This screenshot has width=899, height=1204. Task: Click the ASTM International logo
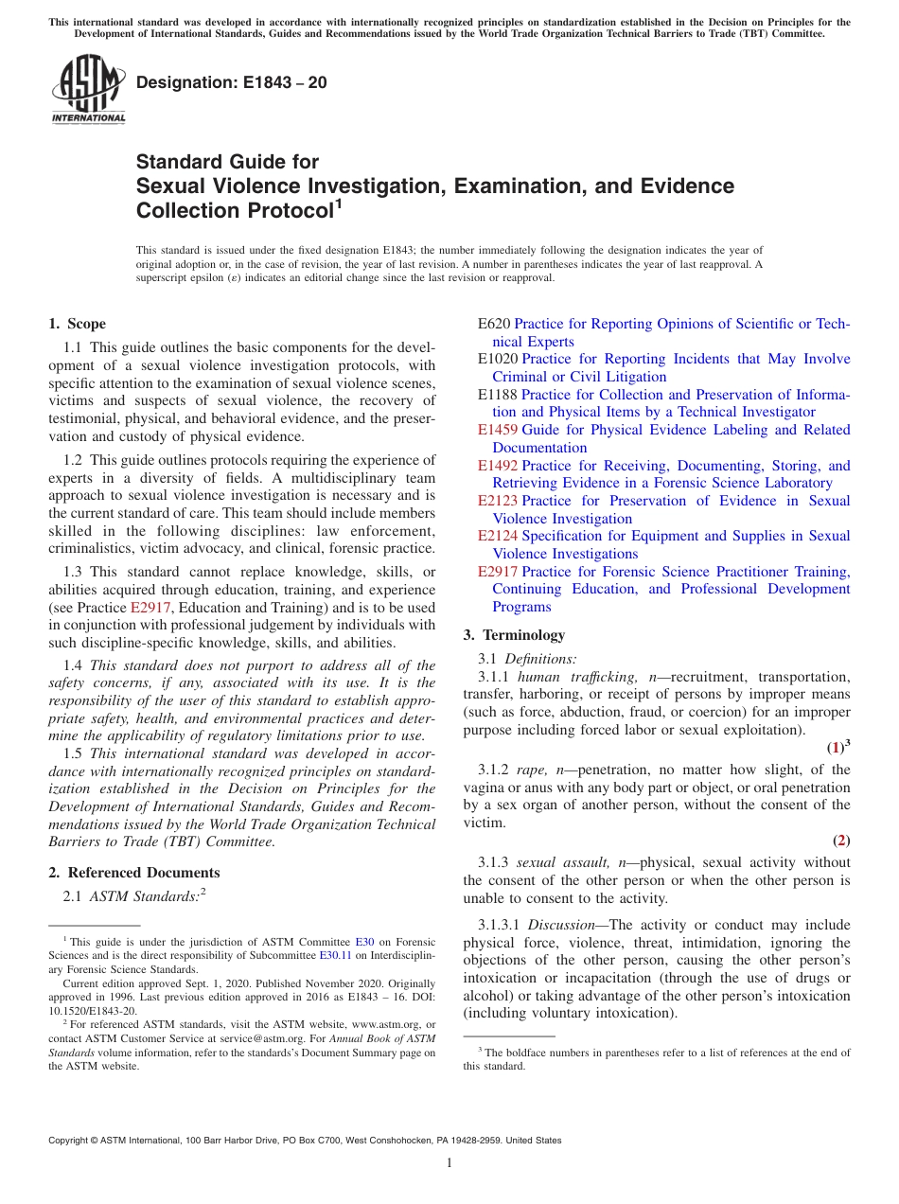[88, 89]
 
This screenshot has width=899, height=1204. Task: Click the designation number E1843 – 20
[232, 82]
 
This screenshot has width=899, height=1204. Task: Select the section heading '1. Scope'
[77, 324]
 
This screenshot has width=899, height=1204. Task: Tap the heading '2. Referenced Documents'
[133, 873]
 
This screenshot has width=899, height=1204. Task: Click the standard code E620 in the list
[494, 324]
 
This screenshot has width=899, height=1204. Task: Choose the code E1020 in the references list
[498, 359]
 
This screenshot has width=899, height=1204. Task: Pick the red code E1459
[498, 430]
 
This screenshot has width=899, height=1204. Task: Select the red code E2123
[498, 501]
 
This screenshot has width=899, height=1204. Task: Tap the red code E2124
[498, 536]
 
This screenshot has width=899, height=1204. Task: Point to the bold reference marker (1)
[836, 748]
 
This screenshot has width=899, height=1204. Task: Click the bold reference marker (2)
[841, 841]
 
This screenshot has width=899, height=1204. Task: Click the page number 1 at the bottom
[449, 1163]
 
